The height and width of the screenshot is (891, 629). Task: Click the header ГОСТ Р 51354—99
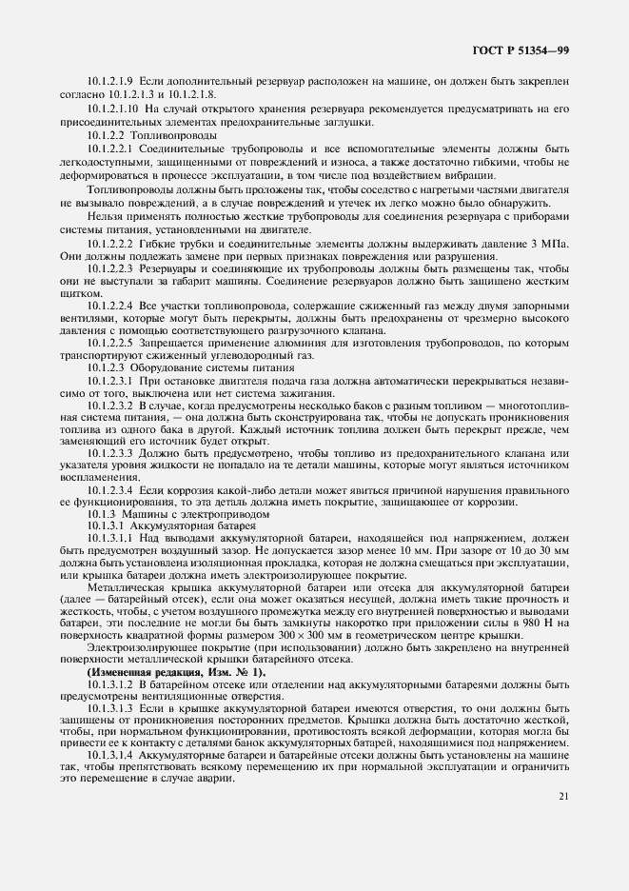tap(521, 50)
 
